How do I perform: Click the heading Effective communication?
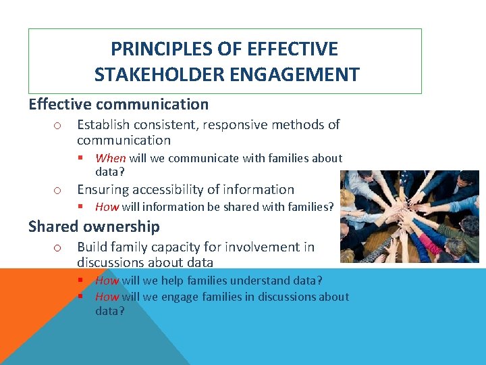[118, 104]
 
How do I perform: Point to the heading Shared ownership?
[94, 226]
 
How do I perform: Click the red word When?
[111, 158]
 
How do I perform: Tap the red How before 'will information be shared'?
[107, 207]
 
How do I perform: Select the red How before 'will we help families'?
[107, 281]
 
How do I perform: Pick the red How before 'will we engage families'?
[107, 297]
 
